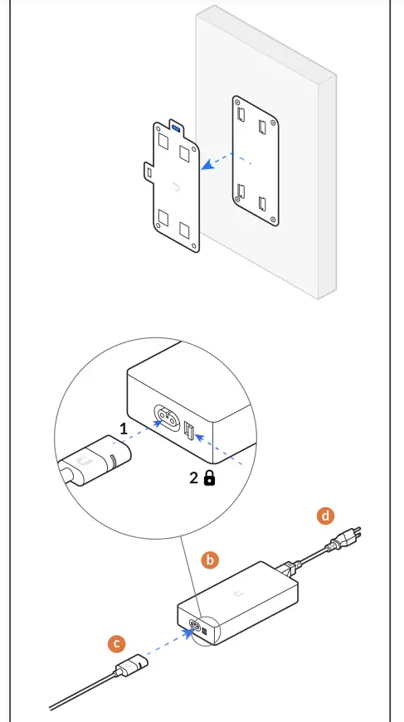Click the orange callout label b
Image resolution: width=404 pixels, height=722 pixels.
pos(210,560)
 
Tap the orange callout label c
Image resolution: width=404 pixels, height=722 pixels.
pos(118,642)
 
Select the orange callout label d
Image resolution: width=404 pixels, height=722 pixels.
pos(325,516)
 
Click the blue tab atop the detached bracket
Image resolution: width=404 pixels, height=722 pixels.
pos(175,128)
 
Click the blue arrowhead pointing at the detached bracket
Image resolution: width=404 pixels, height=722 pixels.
pos(208,165)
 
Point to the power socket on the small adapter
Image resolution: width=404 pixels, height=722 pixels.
pos(196,627)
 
